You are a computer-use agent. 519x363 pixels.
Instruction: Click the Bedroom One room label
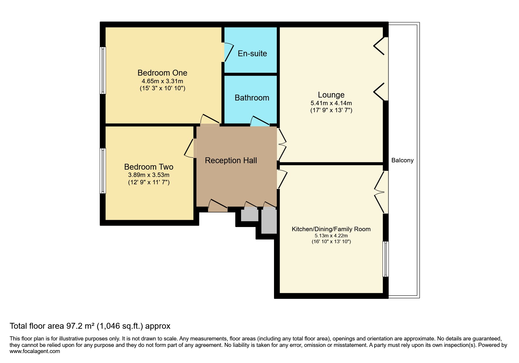162,73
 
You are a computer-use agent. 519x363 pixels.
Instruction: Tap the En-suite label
252,53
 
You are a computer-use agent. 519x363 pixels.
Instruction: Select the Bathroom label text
252,98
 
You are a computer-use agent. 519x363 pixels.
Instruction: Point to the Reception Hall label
231,160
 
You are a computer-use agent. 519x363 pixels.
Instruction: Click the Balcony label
402,160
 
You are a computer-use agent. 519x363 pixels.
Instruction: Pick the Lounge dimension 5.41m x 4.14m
331,103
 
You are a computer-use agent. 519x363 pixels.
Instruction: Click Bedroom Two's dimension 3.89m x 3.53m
149,175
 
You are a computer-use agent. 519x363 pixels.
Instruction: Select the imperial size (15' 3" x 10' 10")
162,88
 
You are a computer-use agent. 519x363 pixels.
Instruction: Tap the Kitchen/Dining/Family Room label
331,229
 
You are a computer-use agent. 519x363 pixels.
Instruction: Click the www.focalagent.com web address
35,351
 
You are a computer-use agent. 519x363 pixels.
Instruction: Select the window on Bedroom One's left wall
103,70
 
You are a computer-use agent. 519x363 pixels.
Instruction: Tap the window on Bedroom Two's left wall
103,171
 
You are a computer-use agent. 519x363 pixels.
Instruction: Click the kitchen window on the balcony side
386,259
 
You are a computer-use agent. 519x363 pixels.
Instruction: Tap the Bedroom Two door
189,148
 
